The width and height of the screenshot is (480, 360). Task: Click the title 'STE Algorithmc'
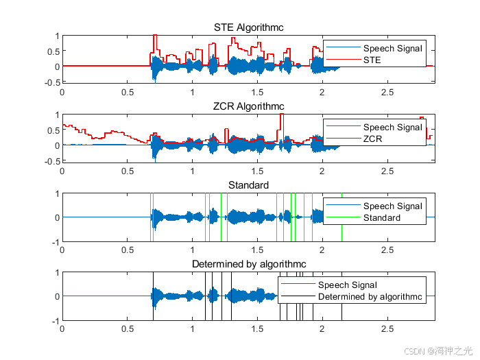coord(248,27)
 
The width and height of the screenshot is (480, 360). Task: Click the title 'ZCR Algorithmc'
coord(248,106)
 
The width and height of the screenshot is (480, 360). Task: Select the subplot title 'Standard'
coord(248,185)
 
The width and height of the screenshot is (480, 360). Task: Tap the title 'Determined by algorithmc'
coord(248,264)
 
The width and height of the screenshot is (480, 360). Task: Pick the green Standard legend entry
coord(381,218)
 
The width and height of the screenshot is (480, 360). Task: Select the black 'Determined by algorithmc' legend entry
coord(370,297)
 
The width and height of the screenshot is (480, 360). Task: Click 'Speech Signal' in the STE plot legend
coord(392,49)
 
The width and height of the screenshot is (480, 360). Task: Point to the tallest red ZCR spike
coord(281,115)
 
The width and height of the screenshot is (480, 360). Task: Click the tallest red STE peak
coord(155,36)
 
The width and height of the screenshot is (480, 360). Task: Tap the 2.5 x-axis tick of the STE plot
coord(387,91)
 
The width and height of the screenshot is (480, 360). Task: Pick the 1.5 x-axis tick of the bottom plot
coord(258,328)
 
